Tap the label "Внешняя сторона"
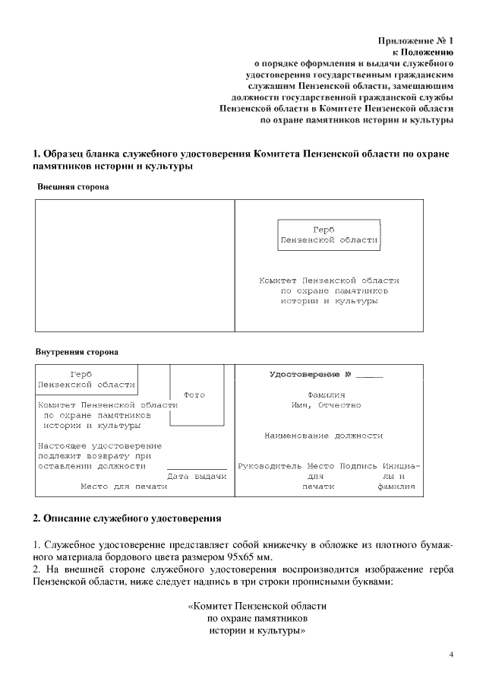pyautogui.click(x=73, y=186)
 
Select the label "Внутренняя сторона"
pyautogui.click(x=77, y=353)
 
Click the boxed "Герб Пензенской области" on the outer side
pyautogui.click(x=328, y=235)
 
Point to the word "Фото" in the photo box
pyautogui.click(x=194, y=395)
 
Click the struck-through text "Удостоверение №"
pyautogui.click(x=310, y=375)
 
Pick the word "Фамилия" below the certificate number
pyautogui.click(x=327, y=395)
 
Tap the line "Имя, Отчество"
pyautogui.click(x=327, y=405)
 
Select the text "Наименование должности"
pyautogui.click(x=323, y=436)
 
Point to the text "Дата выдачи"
pyautogui.click(x=197, y=476)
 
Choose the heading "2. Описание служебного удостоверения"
pyautogui.click(x=127, y=518)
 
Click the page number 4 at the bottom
pyautogui.click(x=451, y=655)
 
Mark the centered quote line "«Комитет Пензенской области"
pyautogui.click(x=257, y=607)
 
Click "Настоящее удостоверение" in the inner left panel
pyautogui.click(x=99, y=445)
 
